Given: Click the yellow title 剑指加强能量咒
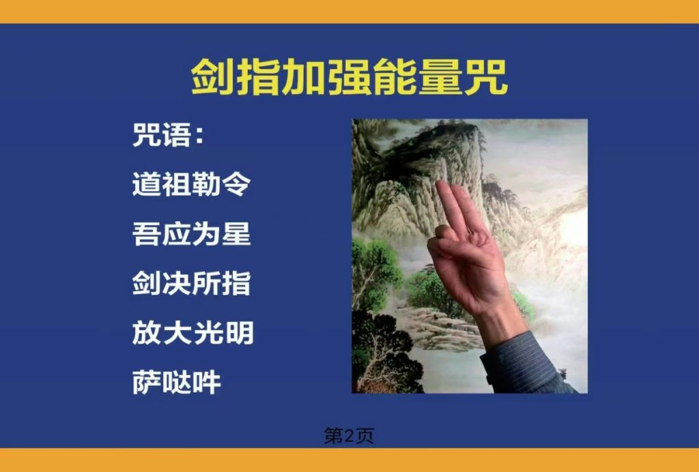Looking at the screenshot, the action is [349, 77].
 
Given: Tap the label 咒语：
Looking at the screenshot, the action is [169, 135].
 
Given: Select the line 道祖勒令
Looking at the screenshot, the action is [192, 184].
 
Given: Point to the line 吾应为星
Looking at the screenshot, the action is [192, 234].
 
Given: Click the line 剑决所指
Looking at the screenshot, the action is [192, 283].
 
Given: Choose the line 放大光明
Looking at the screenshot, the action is [192, 333].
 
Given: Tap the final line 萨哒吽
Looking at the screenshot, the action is [177, 382].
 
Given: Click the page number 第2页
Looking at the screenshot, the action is [349, 436].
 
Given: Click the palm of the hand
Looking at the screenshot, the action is [468, 271].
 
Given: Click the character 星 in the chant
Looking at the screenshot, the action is [237, 234].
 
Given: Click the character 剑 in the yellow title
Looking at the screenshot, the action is [212, 77].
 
